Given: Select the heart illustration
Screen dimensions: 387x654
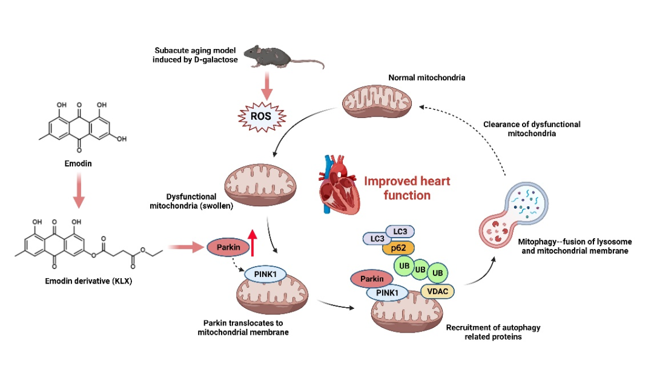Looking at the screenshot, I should point(339,185).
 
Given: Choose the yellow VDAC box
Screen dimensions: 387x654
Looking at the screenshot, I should point(437,291).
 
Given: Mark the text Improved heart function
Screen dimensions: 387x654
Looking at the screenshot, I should point(406,188).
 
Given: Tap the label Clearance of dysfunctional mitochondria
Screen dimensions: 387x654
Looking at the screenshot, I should point(531,129).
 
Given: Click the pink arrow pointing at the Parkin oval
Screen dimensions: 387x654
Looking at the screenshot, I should point(185,247).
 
